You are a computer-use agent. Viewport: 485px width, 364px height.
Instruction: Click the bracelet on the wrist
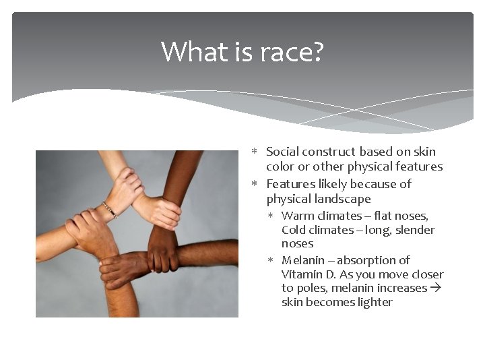110,210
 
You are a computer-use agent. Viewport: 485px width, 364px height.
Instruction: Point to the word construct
329,152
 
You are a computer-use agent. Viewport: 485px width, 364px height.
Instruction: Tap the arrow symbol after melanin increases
435,288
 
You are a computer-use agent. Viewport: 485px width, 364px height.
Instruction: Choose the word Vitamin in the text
302,274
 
